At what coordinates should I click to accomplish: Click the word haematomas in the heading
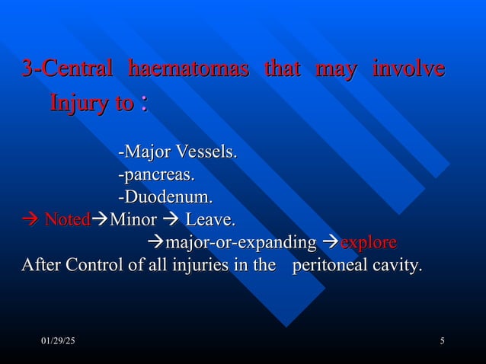[189, 70]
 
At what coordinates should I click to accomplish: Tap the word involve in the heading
[408, 70]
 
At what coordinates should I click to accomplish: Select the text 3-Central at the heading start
[67, 70]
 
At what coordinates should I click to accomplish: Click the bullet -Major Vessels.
[177, 152]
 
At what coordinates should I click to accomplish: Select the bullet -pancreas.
[155, 175]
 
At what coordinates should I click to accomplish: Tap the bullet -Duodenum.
[164, 198]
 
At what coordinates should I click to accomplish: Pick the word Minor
[133, 221]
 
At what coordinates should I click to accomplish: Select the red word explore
[368, 244]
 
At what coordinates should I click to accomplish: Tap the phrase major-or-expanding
[240, 244]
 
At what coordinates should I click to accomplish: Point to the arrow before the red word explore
[331, 244]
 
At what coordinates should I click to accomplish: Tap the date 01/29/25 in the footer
[58, 339]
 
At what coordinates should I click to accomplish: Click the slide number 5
[442, 339]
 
